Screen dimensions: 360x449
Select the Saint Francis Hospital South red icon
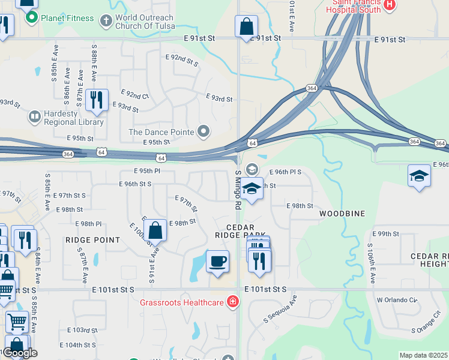pyautogui.click(x=390, y=5)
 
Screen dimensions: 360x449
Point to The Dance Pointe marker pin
pyautogui.click(x=204, y=131)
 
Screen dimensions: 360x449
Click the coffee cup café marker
pyautogui.click(x=217, y=261)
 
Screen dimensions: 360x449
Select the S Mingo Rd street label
pyautogui.click(x=238, y=189)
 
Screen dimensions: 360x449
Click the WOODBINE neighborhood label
pyautogui.click(x=342, y=214)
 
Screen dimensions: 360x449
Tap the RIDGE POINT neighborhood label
pyautogui.click(x=92, y=240)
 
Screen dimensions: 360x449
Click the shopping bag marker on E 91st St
pyautogui.click(x=247, y=27)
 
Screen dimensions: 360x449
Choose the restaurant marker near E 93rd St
pyautogui.click(x=97, y=100)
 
